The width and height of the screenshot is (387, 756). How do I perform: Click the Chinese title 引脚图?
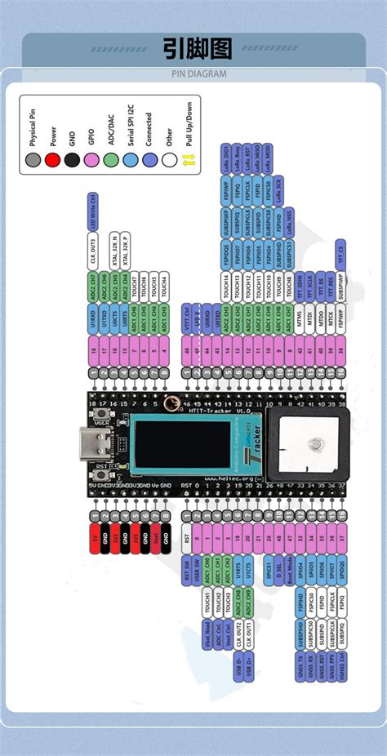193,49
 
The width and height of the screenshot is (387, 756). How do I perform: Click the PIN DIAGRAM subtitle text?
193,73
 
